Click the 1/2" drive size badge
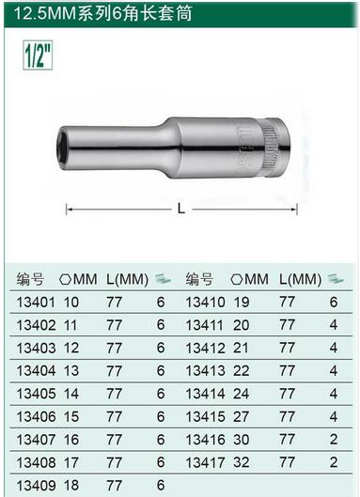38,55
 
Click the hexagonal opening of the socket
62,145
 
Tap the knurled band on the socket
270,148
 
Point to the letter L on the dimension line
181,209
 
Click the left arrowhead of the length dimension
70,210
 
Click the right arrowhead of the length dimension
293,210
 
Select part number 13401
36,303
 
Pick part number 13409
36,486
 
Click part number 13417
205,462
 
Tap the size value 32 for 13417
241,462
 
